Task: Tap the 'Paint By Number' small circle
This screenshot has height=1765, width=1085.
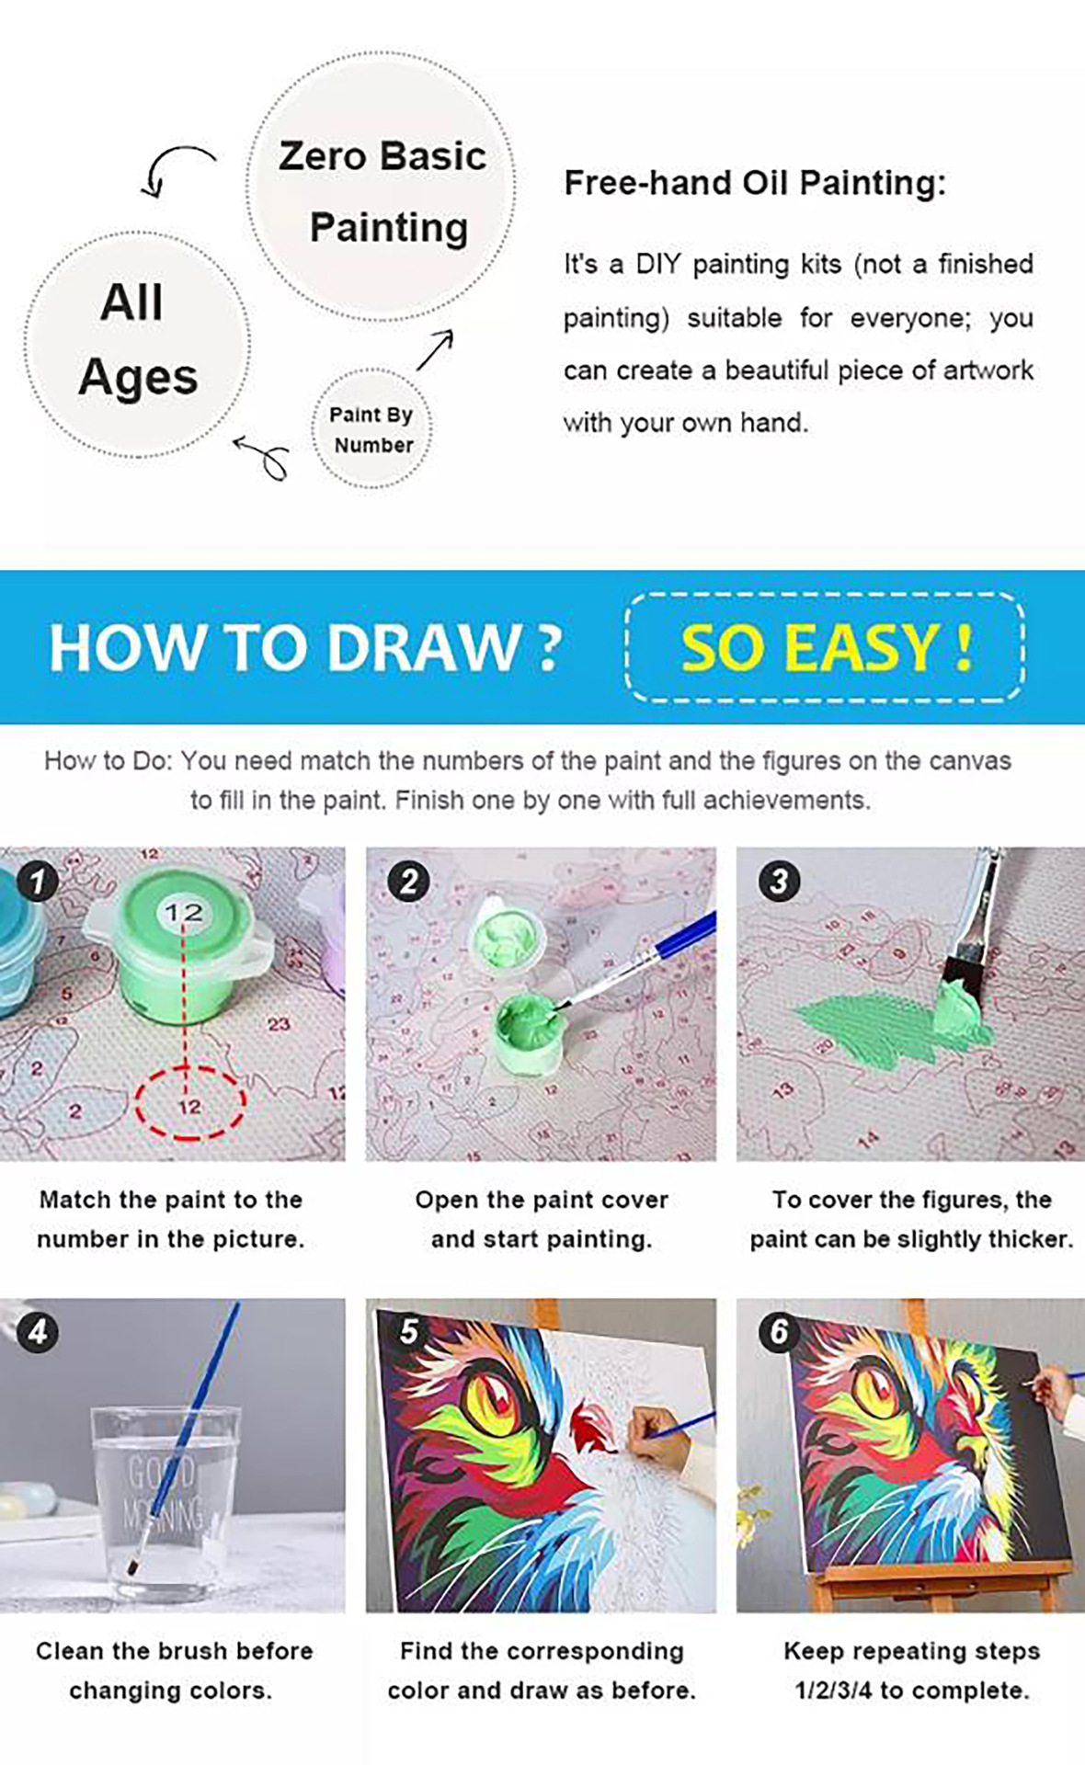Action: (371, 428)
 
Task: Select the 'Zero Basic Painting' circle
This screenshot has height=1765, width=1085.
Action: (382, 187)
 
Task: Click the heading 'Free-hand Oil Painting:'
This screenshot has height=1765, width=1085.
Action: (754, 183)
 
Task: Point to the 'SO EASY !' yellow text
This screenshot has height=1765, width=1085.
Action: (826, 648)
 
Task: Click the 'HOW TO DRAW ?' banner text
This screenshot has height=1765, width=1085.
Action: (305, 647)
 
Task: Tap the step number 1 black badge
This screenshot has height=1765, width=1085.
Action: (37, 882)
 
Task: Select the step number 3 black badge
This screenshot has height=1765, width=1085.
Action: (779, 882)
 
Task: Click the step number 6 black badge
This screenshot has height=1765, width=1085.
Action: (779, 1332)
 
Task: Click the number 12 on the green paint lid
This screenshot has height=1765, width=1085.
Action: (183, 912)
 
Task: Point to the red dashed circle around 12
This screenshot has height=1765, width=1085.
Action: (190, 1104)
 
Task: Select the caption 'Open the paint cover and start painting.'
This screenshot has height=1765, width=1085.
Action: (542, 1219)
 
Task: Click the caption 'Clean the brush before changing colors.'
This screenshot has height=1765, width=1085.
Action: (174, 1670)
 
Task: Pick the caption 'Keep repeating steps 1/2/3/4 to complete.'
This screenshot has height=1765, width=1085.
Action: (911, 1670)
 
